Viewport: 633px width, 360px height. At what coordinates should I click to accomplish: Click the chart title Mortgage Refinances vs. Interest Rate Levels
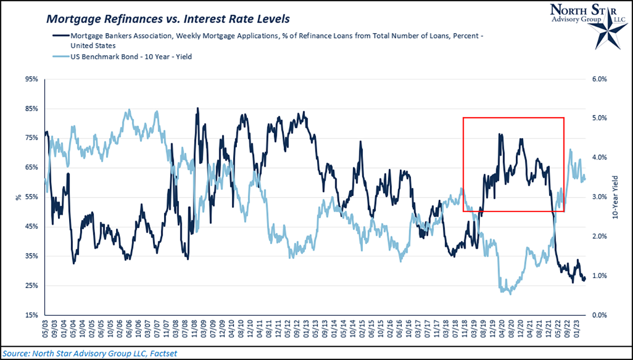168,20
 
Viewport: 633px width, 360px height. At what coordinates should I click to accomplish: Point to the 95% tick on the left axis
31,79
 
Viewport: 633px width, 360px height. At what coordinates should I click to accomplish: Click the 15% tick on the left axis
31,315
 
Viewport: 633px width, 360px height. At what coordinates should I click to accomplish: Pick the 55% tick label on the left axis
31,197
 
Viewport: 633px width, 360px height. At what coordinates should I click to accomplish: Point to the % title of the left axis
17,197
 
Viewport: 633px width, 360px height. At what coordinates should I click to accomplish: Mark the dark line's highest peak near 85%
198,109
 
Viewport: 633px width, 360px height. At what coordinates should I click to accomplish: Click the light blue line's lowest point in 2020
510,293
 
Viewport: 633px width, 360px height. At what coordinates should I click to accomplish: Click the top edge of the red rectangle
513,118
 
